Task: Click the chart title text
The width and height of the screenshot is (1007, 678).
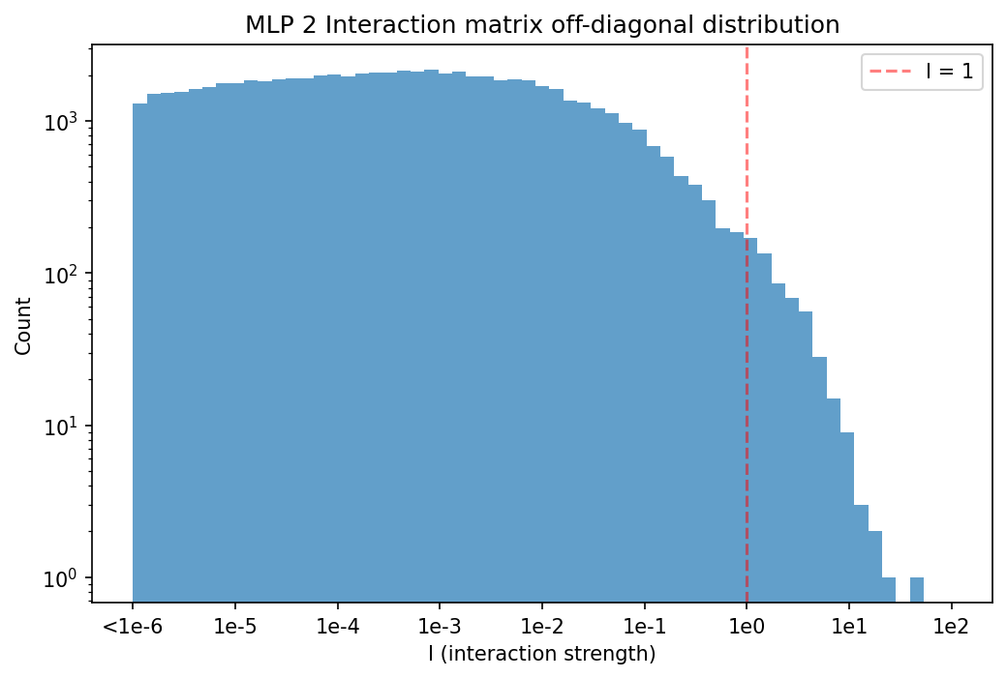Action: tap(542, 25)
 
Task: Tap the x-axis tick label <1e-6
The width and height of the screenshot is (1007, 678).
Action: tap(133, 626)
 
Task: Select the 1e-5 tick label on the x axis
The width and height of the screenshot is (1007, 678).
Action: tap(235, 626)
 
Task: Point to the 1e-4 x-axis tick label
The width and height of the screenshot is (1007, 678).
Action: tap(337, 626)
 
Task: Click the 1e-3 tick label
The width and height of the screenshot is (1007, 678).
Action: tap(440, 626)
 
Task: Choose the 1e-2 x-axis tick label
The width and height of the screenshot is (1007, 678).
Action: tap(542, 626)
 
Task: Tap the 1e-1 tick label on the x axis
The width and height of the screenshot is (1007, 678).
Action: tap(644, 626)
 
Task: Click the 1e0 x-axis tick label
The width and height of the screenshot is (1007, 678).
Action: tap(747, 626)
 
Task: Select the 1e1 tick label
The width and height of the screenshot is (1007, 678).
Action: tap(849, 626)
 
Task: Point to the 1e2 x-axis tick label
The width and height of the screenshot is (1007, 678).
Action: tap(951, 626)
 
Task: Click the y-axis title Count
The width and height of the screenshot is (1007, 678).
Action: tap(23, 326)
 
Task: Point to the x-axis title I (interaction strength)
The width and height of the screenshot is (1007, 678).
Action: tap(542, 654)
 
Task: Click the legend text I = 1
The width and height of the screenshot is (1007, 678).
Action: tap(949, 72)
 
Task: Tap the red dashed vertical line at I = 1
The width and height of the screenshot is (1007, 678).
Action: tap(747, 324)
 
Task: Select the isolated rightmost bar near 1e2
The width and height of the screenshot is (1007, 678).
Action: tap(917, 589)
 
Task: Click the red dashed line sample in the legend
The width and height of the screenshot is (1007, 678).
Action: tap(890, 72)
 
